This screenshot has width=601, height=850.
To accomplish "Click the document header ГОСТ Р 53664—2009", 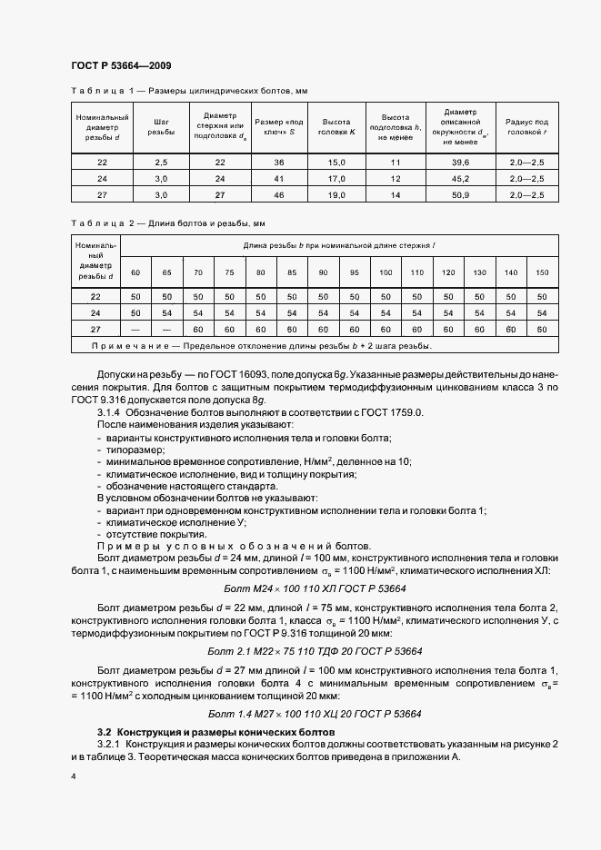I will [x=120, y=66].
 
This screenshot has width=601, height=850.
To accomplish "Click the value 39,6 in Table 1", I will [x=459, y=162].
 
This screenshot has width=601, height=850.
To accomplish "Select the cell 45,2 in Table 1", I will [x=459, y=178].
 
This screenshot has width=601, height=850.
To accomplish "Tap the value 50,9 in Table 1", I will [x=459, y=194].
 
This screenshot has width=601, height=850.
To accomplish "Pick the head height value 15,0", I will [x=338, y=162].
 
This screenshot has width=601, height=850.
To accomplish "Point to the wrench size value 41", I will [x=279, y=178].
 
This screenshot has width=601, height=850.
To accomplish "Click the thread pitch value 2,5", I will [x=161, y=162].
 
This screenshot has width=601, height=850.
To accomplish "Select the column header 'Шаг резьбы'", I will [x=161, y=126].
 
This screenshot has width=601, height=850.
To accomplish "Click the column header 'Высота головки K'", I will [x=338, y=126].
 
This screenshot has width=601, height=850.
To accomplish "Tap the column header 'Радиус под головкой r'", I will [x=526, y=126].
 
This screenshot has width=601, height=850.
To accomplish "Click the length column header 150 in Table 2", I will [x=543, y=272].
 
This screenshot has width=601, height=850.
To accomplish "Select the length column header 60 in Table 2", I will [x=135, y=272].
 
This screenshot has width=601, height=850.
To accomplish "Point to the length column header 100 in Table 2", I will [x=386, y=272].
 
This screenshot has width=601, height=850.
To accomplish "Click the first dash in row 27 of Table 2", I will [x=135, y=329].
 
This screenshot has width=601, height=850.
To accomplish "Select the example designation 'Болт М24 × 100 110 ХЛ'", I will [x=300, y=589].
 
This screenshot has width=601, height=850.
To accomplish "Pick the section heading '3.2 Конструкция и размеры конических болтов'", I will [x=216, y=731].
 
